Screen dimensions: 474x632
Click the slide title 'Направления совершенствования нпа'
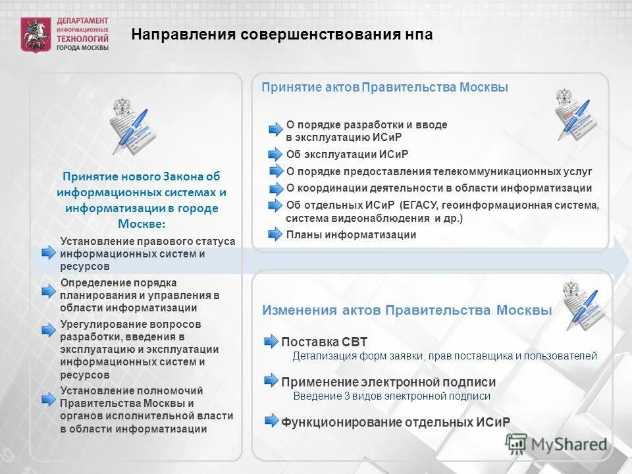click(282, 34)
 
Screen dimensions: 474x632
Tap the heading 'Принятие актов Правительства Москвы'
click(384, 88)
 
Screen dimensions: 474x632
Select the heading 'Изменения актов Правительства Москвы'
click(407, 310)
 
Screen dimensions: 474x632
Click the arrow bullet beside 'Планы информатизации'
click(275, 235)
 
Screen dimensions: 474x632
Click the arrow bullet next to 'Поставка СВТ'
click(271, 341)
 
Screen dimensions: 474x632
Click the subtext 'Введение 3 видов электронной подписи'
click(392, 396)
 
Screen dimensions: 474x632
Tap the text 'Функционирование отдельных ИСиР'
click(396, 422)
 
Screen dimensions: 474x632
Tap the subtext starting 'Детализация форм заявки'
click(444, 356)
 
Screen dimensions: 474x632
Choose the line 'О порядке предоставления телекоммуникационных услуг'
click(439, 172)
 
